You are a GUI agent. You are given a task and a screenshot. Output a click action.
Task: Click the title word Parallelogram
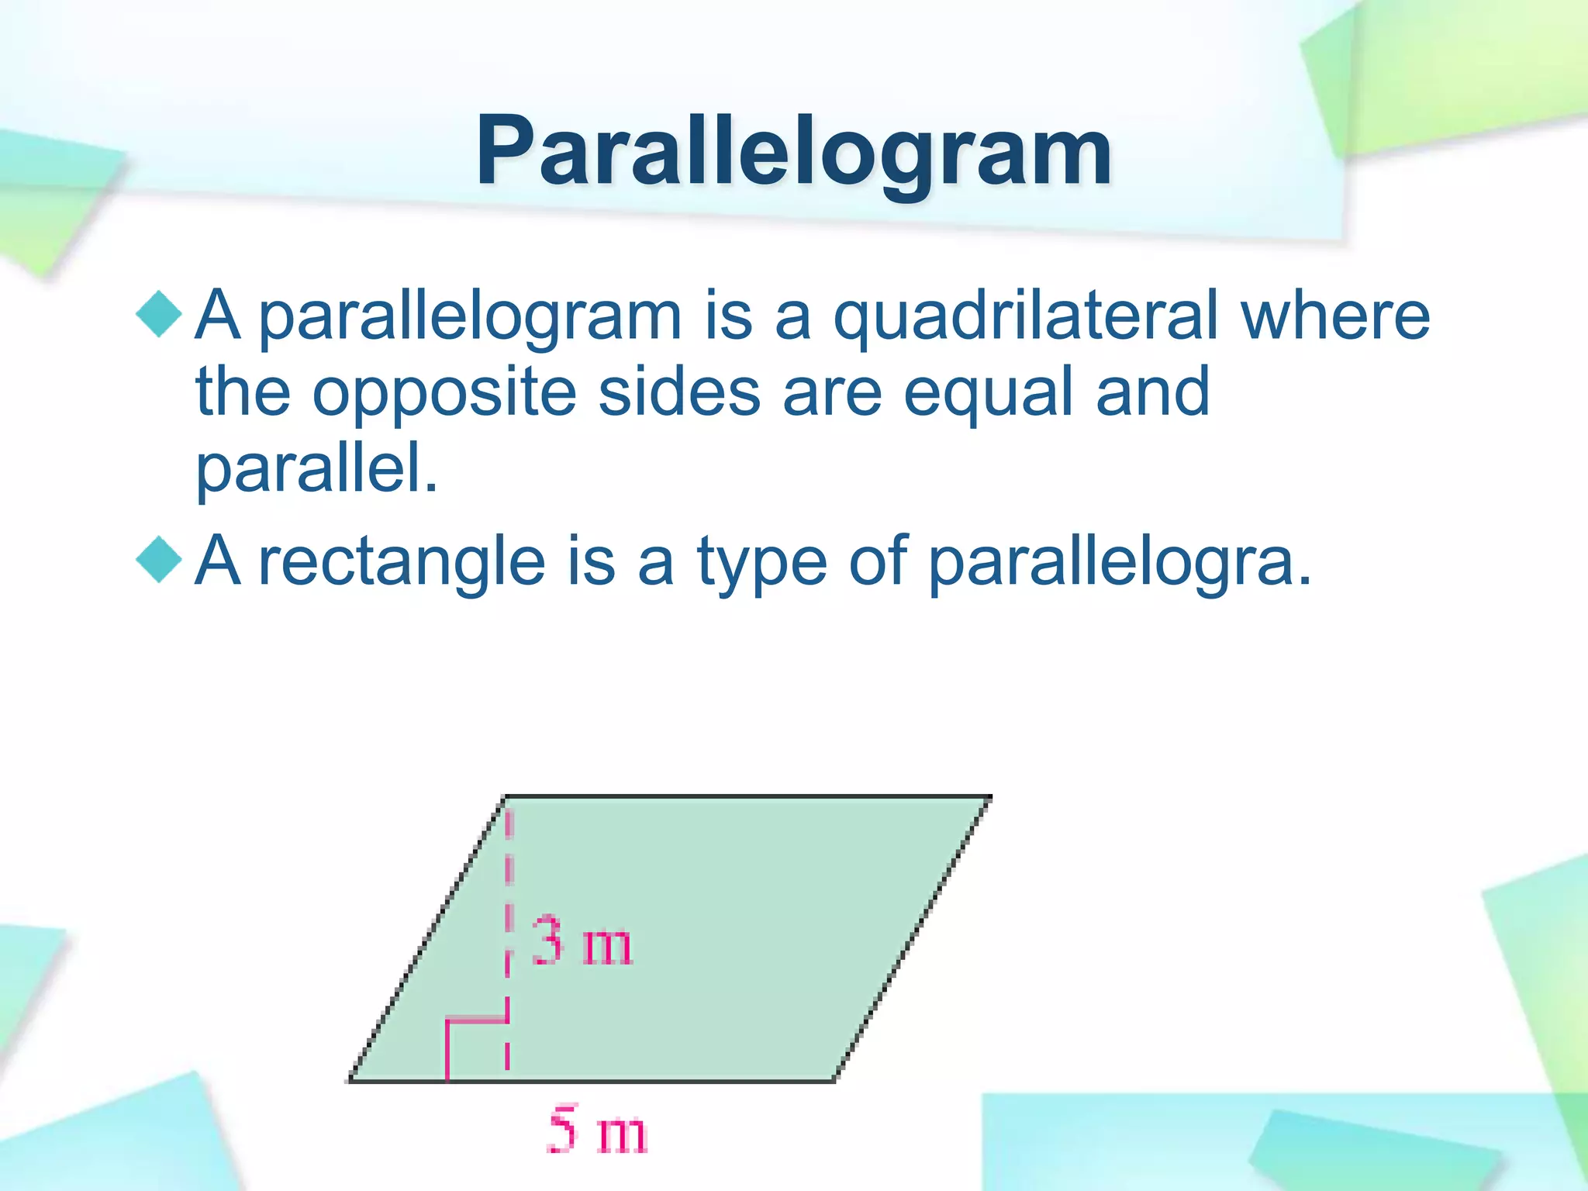(793, 151)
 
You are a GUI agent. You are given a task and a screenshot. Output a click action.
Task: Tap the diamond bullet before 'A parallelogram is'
(159, 314)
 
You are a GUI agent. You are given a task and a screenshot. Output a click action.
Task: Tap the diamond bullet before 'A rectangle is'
(159, 559)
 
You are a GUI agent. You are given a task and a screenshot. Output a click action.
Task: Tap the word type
(762, 562)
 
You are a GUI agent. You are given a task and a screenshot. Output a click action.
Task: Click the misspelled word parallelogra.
(1119, 562)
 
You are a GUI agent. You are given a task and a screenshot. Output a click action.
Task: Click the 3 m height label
(582, 942)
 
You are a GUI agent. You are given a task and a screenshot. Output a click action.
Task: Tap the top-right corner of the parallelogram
(989, 797)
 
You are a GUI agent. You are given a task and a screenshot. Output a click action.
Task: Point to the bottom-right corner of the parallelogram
(834, 1079)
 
